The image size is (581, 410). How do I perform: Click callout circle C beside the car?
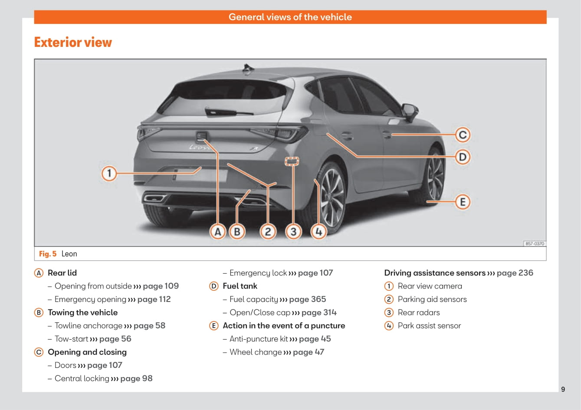point(463,135)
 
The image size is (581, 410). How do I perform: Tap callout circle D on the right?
point(463,157)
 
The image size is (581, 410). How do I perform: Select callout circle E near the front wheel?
point(463,202)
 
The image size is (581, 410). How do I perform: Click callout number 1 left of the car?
point(109,174)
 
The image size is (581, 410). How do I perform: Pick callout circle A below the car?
point(218,232)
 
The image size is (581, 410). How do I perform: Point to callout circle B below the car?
point(237,232)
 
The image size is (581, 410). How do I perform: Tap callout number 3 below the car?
point(293,232)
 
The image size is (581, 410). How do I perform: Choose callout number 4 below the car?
point(318,232)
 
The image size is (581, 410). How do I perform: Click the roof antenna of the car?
point(249,68)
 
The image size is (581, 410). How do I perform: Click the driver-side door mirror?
point(410,112)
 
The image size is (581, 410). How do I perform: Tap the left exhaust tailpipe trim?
point(155,199)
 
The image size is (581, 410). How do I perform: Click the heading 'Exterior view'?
point(73,42)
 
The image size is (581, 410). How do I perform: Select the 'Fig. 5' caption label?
point(48,254)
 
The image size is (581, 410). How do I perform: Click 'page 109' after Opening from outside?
point(161,286)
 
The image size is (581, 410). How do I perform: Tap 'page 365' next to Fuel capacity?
point(307,299)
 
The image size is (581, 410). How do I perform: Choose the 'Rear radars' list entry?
point(418,312)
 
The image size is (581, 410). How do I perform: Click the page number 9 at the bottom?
point(563,389)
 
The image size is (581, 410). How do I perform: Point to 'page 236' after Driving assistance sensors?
point(515,273)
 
